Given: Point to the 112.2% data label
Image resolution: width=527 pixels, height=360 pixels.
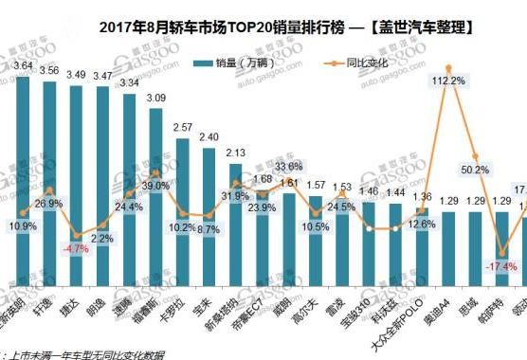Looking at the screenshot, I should coord(447,81).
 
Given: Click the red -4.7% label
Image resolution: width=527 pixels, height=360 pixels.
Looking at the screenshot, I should coord(80,249).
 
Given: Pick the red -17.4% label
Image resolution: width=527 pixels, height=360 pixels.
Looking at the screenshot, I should coord(499,266).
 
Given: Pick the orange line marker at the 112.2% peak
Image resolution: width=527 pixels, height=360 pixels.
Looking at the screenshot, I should coord(447,67).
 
